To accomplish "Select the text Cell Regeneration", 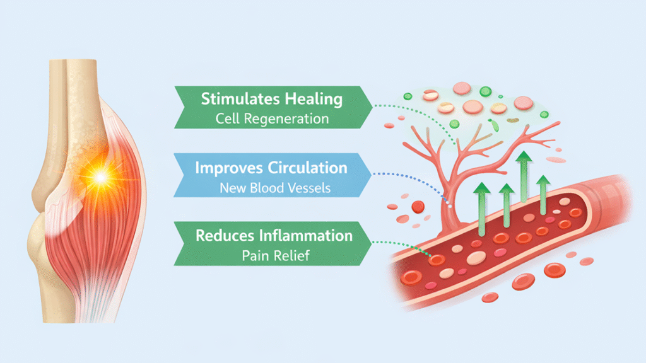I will point(271,118).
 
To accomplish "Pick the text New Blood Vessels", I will point(271,187).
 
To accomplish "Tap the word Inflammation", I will point(307,236).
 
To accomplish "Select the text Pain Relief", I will point(271,256).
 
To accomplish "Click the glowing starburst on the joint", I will point(100,178).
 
